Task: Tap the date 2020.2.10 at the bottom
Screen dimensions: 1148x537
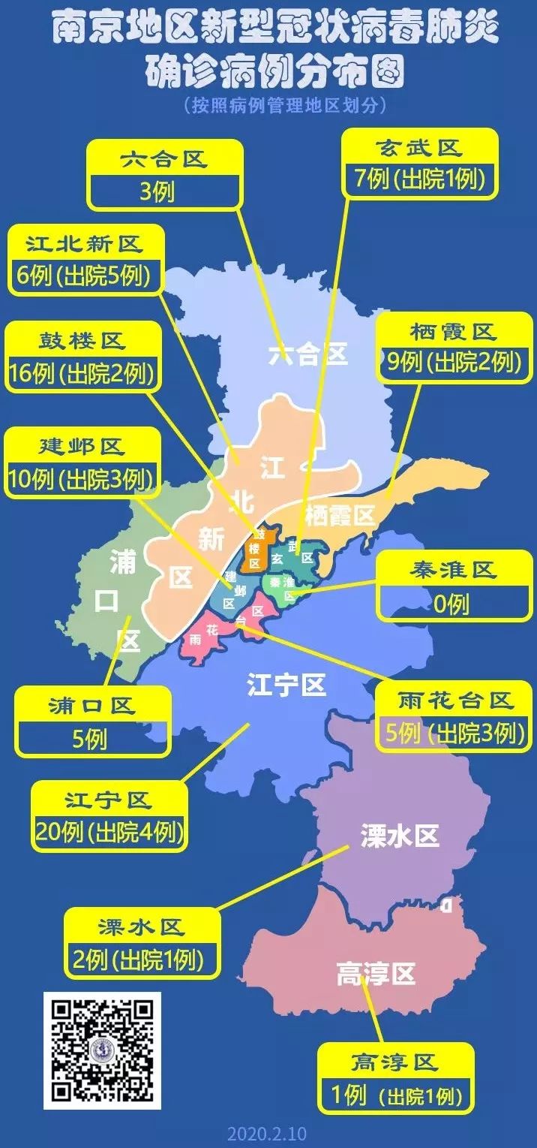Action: [x=267, y=1133]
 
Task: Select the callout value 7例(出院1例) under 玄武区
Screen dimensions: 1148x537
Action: [x=419, y=179]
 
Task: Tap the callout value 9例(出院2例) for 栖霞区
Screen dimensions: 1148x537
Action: [x=452, y=363]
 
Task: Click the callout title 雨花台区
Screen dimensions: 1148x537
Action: [x=456, y=701]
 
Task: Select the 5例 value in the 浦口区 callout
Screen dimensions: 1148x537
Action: [x=90, y=740]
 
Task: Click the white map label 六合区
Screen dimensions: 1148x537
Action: [x=308, y=354]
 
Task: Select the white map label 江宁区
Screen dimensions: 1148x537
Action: [x=286, y=685]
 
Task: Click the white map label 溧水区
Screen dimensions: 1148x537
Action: [x=399, y=836]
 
